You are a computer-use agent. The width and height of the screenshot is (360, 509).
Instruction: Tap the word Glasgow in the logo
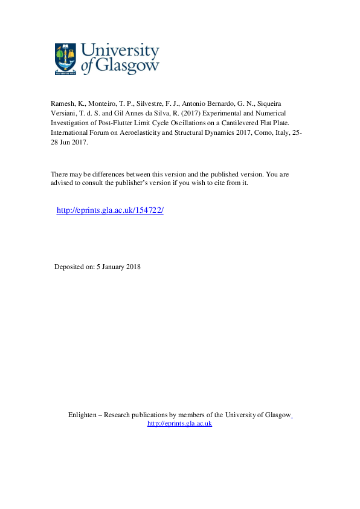coord(125,66)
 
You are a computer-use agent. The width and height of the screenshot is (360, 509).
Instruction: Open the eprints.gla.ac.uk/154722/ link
coord(110,210)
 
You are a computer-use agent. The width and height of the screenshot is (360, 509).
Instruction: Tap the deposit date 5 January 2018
coord(118,267)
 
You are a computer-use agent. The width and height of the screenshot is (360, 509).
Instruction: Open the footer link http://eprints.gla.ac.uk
coord(179,424)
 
